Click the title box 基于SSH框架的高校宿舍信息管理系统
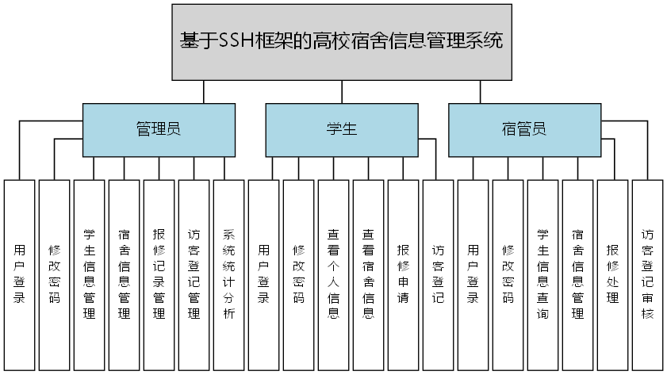click(341, 42)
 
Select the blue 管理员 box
click(159, 130)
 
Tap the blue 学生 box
click(341, 130)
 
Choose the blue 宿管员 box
click(524, 130)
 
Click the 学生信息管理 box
click(89, 274)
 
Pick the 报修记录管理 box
click(159, 274)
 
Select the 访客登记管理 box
click(194, 274)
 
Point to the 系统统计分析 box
click(228, 274)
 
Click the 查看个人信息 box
click(333, 274)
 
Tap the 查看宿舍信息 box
click(368, 274)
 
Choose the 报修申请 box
click(403, 274)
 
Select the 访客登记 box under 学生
click(438, 274)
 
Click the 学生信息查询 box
click(542, 274)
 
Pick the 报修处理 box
click(612, 274)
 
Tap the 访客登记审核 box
click(647, 274)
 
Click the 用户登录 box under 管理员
click(19, 274)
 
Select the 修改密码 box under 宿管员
click(508, 274)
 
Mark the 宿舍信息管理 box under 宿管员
click(577, 274)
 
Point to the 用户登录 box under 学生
click(263, 274)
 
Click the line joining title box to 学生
click(342, 92)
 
